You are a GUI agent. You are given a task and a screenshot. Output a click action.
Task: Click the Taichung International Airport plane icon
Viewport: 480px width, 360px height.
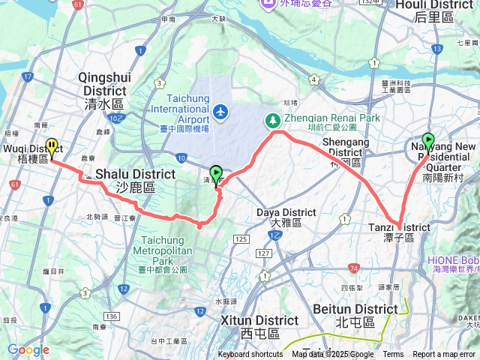(220, 112)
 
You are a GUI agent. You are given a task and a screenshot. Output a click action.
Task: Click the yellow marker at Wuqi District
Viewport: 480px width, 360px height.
(52, 145)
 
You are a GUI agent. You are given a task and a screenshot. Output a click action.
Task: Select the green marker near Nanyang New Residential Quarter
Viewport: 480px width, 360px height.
(428, 140)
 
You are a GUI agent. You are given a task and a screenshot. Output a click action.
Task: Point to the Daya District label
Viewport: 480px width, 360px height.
(286, 217)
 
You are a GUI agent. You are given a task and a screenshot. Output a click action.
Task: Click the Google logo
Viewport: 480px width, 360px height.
(28, 349)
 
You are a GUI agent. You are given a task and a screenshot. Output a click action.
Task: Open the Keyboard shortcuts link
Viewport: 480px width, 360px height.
(250, 355)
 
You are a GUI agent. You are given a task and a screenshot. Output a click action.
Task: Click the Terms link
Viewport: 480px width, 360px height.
(393, 355)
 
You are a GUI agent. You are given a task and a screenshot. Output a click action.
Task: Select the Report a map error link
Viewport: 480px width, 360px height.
(444, 355)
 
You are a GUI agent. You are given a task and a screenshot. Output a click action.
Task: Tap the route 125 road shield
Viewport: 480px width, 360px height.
(240, 238)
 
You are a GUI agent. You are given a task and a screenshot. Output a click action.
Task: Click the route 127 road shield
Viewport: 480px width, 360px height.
(264, 253)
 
